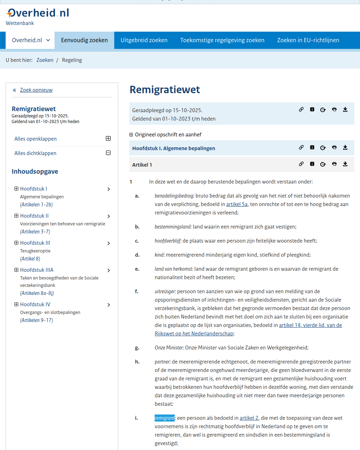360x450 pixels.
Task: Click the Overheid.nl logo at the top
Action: pyautogui.click(x=37, y=13)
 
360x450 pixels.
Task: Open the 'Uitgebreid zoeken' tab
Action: pyautogui.click(x=144, y=40)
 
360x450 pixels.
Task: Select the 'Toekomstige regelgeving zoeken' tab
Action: pyautogui.click(x=222, y=40)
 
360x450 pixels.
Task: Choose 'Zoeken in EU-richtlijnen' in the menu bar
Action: pyautogui.click(x=308, y=40)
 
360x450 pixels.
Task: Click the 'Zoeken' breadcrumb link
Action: pyautogui.click(x=45, y=60)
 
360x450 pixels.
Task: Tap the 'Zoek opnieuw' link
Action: pyautogui.click(x=36, y=90)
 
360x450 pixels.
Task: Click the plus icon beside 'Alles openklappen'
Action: pyautogui.click(x=108, y=139)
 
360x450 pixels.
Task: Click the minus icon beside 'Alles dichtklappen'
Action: pyautogui.click(x=108, y=153)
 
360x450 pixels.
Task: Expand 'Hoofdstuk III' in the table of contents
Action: pyautogui.click(x=16, y=243)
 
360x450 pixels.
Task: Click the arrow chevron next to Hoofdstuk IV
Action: pyautogui.click(x=109, y=305)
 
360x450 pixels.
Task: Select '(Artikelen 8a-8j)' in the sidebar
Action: pyautogui.click(x=37, y=293)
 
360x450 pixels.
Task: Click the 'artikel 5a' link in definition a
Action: pyautogui.click(x=237, y=204)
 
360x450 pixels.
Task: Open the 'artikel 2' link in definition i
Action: pyautogui.click(x=249, y=418)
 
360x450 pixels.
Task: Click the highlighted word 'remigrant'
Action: pyautogui.click(x=165, y=418)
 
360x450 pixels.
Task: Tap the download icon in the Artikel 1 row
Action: pyautogui.click(x=345, y=164)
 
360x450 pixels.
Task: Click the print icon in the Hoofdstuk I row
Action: pyautogui.click(x=334, y=147)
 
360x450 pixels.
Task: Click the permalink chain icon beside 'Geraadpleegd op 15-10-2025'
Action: pyautogui.click(x=301, y=109)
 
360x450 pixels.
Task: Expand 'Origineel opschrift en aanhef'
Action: pyautogui.click(x=131, y=135)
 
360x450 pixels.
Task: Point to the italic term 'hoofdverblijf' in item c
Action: pyautogui.click(x=168, y=241)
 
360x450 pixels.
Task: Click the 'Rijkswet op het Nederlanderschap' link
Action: pyautogui.click(x=194, y=334)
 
